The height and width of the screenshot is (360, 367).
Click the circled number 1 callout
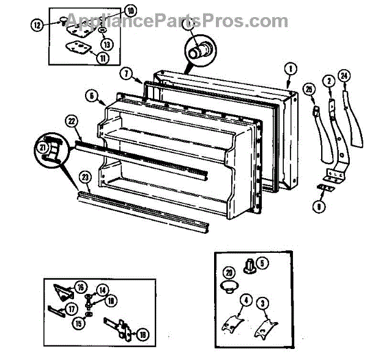[291, 68]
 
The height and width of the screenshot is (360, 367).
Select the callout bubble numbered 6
[91, 96]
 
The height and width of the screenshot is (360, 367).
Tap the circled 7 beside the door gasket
[125, 75]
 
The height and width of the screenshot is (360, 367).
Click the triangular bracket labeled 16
[63, 288]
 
